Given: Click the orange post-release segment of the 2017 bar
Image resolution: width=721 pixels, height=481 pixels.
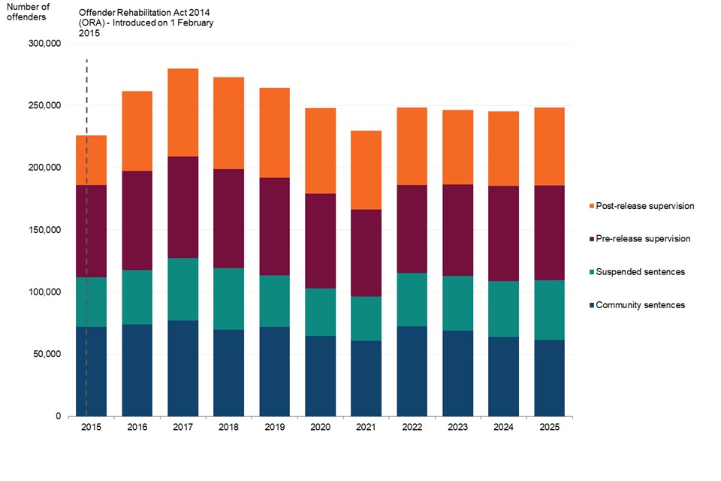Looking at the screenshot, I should click(183, 113).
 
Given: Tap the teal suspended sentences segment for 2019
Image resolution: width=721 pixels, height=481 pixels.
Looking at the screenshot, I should click(275, 301).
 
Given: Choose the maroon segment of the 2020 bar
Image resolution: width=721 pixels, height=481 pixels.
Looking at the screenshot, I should click(321, 241).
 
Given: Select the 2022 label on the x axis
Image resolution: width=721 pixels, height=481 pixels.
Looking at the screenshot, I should click(412, 428).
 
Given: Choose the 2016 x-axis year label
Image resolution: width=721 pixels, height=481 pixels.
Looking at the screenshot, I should click(137, 428).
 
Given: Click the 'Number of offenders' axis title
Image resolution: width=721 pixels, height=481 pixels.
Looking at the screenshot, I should click(28, 13).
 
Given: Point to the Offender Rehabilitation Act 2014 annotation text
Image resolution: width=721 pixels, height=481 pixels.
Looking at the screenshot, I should click(146, 23).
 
